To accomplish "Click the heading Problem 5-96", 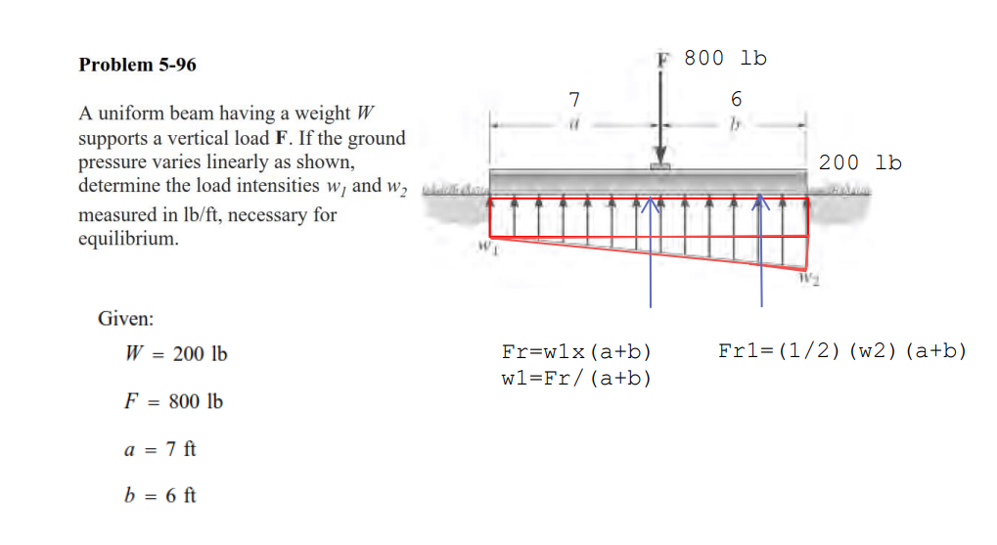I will tap(137, 65).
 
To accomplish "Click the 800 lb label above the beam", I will tap(725, 58).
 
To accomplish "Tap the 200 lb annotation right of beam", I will tap(860, 162).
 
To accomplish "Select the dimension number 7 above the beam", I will tap(574, 98).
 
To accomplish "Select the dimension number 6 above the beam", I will tap(736, 98).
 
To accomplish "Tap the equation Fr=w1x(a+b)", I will tap(575, 351).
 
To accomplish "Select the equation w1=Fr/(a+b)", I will tap(575, 378).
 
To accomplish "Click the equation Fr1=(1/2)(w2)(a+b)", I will tap(841, 350).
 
